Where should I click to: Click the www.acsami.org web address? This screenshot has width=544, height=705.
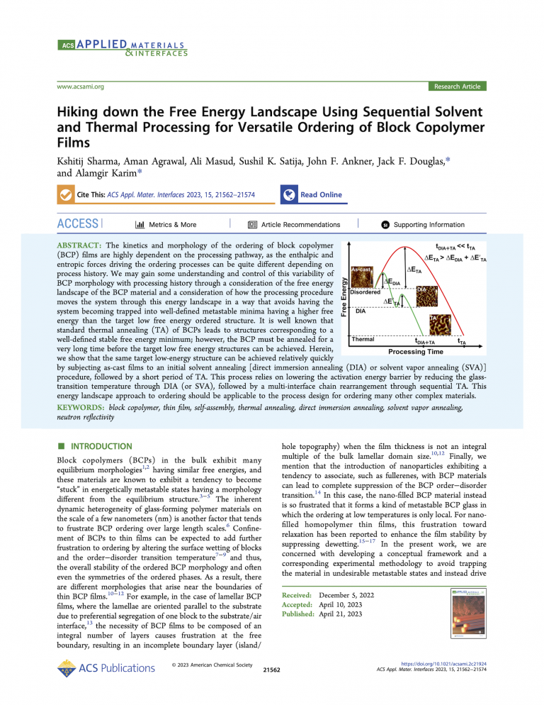[x=80, y=87]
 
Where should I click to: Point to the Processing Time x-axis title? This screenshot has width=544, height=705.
[x=416, y=351]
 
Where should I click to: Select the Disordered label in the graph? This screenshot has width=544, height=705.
[x=365, y=292]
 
